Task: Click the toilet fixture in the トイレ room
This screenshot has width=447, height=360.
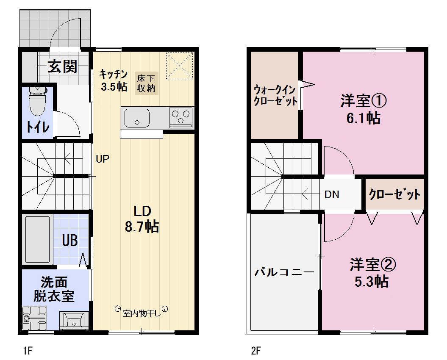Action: tap(38, 101)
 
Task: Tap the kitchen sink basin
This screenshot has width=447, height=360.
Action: tap(137, 118)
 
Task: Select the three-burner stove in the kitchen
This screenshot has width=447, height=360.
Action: tap(181, 117)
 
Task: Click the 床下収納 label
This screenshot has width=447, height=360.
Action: tap(146, 83)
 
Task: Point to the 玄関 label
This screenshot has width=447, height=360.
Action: tap(63, 66)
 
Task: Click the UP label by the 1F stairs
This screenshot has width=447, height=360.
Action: tap(103, 159)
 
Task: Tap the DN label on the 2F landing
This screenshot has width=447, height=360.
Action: tap(332, 195)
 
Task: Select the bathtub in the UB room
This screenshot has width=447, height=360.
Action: tap(38, 239)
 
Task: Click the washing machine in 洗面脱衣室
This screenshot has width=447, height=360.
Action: tap(34, 318)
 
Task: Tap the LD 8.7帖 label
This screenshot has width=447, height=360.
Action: tap(142, 219)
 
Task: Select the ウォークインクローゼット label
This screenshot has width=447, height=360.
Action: tap(275, 95)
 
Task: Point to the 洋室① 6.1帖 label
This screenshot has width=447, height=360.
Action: tap(364, 109)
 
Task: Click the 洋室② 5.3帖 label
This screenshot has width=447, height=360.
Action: tap(372, 273)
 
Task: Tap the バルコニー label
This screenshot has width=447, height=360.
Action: tap(284, 272)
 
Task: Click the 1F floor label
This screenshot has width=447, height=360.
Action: tap(28, 351)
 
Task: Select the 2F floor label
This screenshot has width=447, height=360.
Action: tap(256, 351)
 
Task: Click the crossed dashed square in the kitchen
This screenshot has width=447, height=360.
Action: tap(180, 65)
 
